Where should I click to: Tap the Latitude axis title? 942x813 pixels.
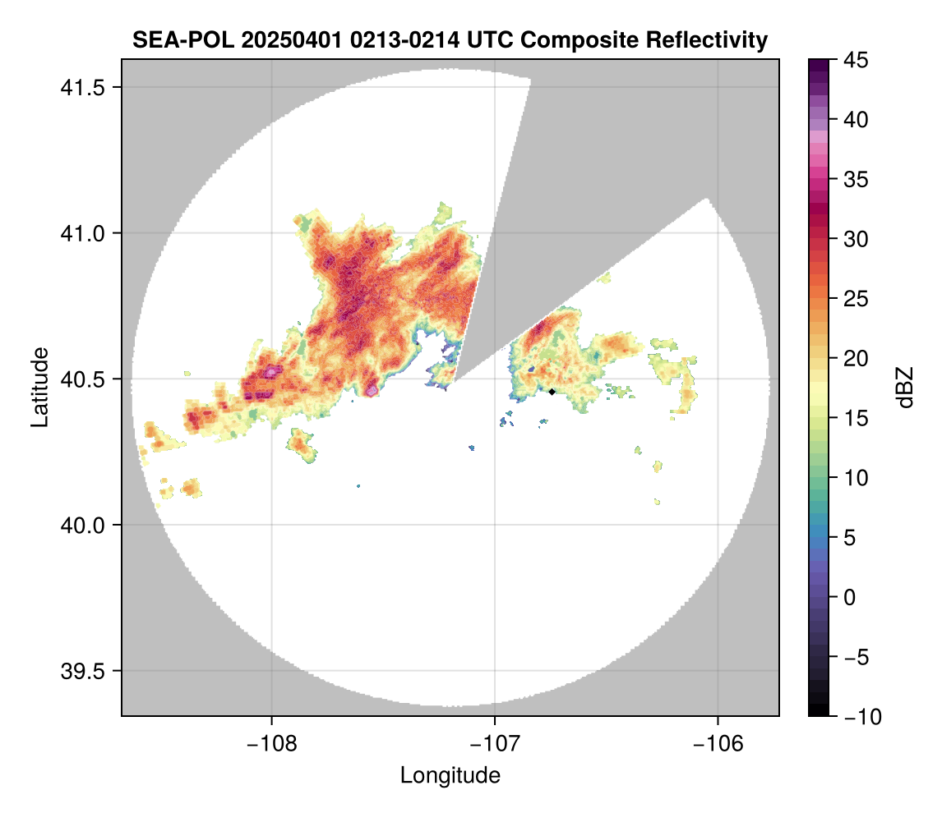pyautogui.click(x=39, y=387)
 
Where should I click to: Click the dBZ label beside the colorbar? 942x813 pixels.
pyautogui.click(x=905, y=388)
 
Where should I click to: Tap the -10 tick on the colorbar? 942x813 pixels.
pyautogui.click(x=860, y=717)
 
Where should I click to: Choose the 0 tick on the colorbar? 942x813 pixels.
pyautogui.click(x=850, y=597)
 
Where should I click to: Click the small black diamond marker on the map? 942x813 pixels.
pyautogui.click(x=552, y=392)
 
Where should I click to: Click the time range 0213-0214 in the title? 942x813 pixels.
pyautogui.click(x=399, y=39)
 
